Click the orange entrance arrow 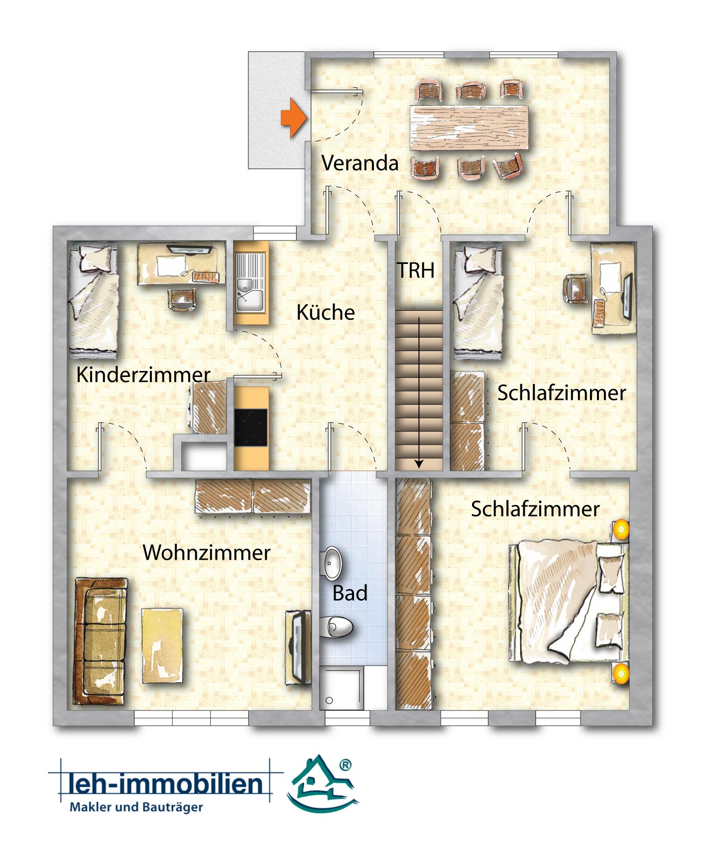tap(294, 118)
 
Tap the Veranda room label tap(360, 163)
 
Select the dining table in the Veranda tap(470, 127)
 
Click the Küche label tap(326, 312)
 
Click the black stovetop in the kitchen tap(251, 427)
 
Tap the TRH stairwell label tap(416, 270)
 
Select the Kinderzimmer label tap(143, 374)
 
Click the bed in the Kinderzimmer tap(93, 300)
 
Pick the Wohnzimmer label tap(207, 552)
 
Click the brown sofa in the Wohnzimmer tap(101, 641)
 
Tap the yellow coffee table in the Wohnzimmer tap(162, 645)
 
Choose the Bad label tap(350, 593)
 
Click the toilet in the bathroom tap(337, 627)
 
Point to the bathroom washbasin tap(332, 563)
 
